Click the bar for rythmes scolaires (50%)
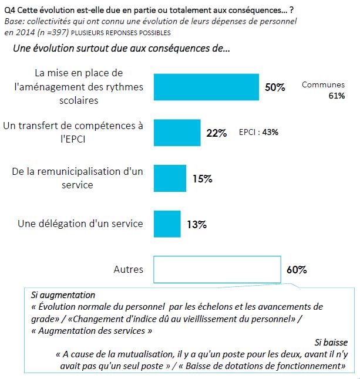206,87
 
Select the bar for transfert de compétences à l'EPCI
177,133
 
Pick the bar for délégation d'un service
166,223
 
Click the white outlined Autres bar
217,269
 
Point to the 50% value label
275,87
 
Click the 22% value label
217,133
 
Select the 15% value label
202,178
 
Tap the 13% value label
197,224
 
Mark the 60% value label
297,270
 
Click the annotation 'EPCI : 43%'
258,133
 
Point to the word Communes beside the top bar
322,84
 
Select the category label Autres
128,270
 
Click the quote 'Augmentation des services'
92,330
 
